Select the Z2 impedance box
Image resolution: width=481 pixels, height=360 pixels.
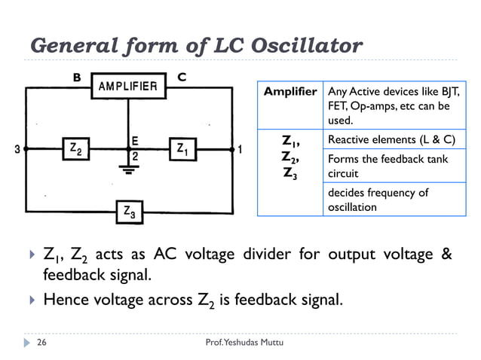pyautogui.click(x=75, y=149)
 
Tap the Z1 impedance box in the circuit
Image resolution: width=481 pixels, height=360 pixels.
pyautogui.click(x=182, y=149)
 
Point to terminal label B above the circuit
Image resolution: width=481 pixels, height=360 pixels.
pyautogui.click(x=76, y=77)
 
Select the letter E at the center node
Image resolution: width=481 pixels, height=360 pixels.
pyautogui.click(x=133, y=139)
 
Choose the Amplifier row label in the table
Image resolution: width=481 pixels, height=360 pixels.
pyautogui.click(x=290, y=92)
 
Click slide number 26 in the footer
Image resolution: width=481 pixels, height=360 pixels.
pyautogui.click(x=42, y=343)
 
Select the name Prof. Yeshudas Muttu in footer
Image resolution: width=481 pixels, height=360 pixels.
pyautogui.click(x=241, y=343)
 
